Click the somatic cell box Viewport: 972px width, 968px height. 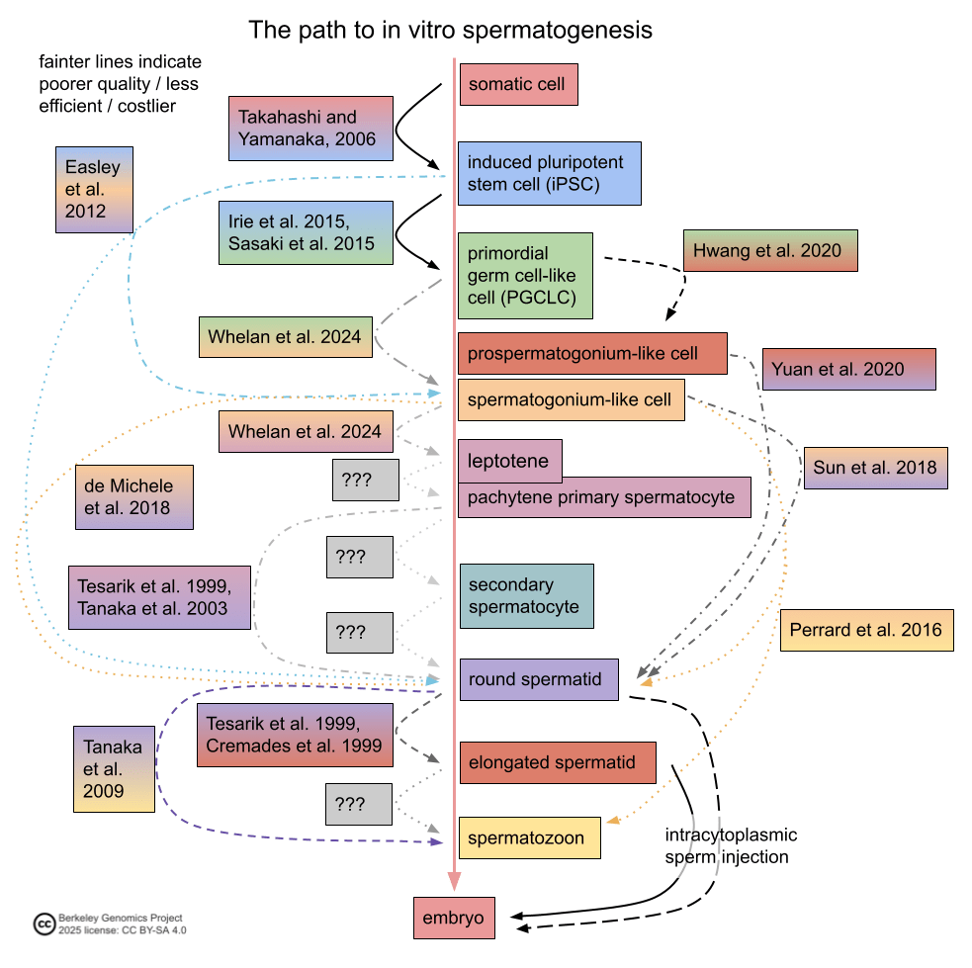click(x=518, y=85)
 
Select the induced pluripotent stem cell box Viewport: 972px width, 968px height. click(x=549, y=172)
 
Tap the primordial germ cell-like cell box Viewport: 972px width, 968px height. click(x=525, y=276)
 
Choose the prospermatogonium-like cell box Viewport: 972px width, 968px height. click(x=592, y=353)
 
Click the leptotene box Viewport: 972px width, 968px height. click(x=510, y=461)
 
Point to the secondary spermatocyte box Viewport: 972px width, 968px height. click(x=526, y=596)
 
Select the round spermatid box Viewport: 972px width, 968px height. click(x=538, y=680)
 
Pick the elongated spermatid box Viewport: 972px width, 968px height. click(x=558, y=762)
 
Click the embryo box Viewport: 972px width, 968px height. click(x=453, y=918)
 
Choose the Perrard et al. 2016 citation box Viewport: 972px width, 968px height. click(x=866, y=630)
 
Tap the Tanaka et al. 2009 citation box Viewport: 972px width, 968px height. click(x=114, y=768)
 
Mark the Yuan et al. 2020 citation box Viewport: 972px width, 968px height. click(x=847, y=370)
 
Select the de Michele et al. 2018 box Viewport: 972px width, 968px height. click(x=133, y=497)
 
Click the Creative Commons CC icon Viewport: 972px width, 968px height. click(x=44, y=924)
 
